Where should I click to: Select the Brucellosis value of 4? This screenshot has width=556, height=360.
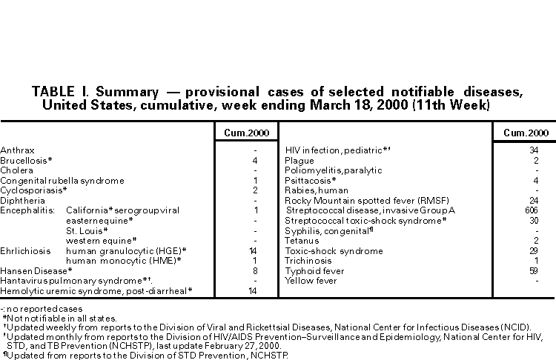pos(254,161)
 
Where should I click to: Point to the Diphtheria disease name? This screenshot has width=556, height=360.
pos(18,201)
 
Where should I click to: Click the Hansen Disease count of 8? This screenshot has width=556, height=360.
pos(254,271)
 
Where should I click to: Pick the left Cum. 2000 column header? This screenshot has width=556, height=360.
pos(242,133)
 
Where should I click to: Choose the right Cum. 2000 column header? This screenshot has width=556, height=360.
pos(526,133)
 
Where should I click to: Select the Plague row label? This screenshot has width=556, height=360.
pos(299,161)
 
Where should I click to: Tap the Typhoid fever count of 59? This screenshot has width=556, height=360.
pos(534,271)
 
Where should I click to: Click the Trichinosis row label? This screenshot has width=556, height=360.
pos(307,261)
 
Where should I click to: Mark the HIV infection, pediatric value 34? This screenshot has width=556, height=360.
pos(534,150)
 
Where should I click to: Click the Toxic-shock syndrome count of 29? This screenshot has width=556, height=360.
pos(534,251)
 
